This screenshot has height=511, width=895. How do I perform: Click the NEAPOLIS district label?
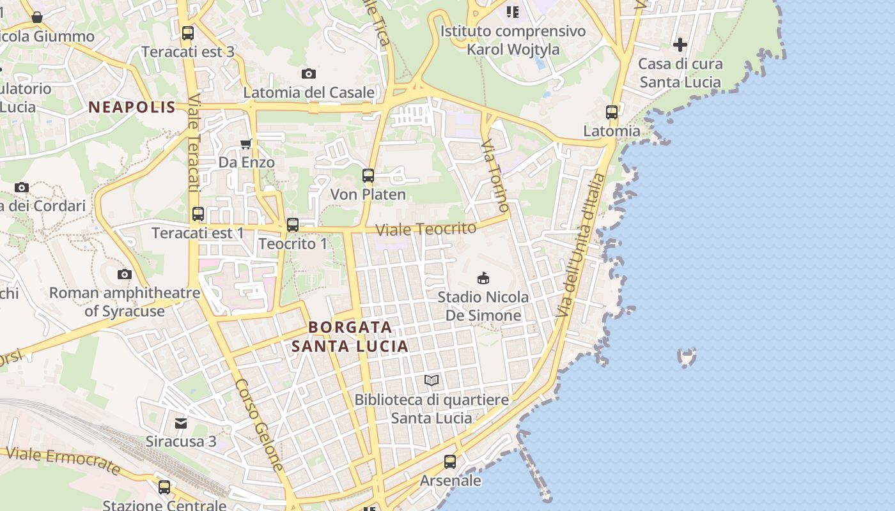(132, 107)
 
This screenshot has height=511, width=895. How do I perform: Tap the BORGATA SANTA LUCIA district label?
(350, 337)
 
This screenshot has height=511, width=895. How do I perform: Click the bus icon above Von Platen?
(368, 176)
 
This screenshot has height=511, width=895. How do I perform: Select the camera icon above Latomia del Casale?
(309, 74)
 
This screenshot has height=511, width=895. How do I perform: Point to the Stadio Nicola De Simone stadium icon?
(483, 278)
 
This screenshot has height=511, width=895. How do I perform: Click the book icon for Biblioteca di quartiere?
(432, 381)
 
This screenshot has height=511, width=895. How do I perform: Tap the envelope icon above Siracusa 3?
(181, 423)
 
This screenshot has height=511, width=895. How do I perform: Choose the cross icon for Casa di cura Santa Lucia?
(680, 45)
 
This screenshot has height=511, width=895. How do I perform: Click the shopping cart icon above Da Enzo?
(246, 144)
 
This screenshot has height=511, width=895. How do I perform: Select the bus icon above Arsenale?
(450, 461)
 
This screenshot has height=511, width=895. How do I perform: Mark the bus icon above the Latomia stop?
(612, 112)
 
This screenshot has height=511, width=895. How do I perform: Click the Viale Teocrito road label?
(426, 229)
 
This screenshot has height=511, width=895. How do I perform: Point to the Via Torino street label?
(496, 175)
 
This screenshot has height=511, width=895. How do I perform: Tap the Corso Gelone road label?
(259, 425)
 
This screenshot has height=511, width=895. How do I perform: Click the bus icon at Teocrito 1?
(293, 225)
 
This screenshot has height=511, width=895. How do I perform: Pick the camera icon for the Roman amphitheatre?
(125, 275)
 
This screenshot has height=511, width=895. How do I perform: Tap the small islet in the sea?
(687, 357)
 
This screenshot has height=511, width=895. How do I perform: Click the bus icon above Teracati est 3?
(187, 33)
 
